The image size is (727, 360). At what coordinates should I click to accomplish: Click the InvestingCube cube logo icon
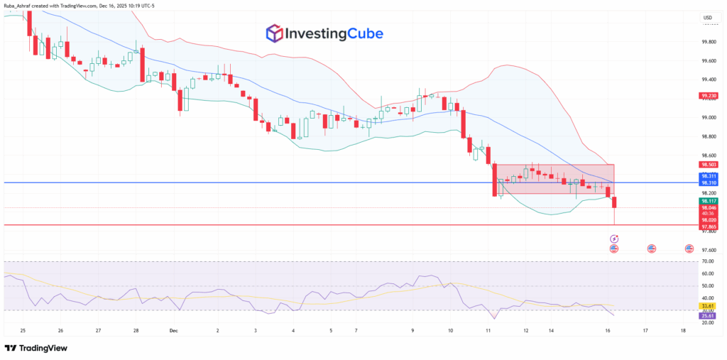(x=274, y=33)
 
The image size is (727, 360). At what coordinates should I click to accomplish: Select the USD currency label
(x=707, y=18)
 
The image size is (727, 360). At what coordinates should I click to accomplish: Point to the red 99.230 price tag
(x=709, y=96)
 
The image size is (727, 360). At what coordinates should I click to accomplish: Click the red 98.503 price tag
(x=709, y=165)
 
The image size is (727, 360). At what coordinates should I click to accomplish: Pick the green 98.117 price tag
(x=709, y=201)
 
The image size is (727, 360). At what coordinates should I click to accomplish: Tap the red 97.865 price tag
(x=709, y=226)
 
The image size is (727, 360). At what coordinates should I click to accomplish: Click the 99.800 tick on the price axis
(x=709, y=42)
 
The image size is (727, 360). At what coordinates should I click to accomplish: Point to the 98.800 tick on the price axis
(x=709, y=136)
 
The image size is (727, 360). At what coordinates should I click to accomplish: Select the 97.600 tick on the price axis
(x=709, y=250)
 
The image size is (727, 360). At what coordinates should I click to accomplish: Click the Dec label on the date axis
(x=173, y=331)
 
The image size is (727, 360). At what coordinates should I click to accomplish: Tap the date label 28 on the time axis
(x=136, y=331)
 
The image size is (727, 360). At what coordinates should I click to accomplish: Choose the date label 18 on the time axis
(x=682, y=331)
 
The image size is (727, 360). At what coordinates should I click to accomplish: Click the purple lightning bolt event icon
(x=613, y=239)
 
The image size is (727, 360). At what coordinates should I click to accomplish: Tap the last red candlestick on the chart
(x=614, y=202)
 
